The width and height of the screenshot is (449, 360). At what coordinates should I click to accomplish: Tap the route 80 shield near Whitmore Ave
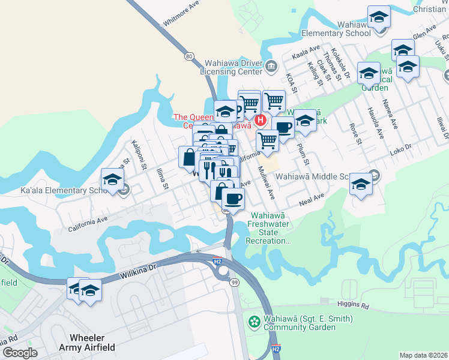(189, 56)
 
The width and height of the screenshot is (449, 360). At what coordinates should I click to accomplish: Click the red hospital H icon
(261, 120)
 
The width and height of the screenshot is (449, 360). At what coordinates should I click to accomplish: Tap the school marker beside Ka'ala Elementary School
(112, 179)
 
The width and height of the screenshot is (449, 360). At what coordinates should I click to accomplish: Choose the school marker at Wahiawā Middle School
(361, 184)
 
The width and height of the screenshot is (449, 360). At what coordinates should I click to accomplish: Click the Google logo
(20, 352)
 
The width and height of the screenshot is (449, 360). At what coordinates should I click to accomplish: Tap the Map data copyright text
(423, 355)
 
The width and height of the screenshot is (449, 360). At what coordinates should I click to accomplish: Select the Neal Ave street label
(311, 197)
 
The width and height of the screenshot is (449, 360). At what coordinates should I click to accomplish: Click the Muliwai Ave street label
(266, 186)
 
